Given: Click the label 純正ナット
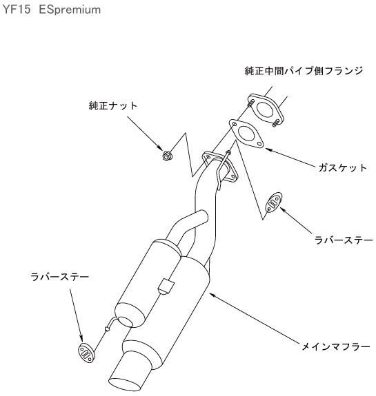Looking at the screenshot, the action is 113,105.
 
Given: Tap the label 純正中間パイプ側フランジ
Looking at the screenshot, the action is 304,71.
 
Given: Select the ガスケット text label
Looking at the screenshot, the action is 342,167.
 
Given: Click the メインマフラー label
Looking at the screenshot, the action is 336,346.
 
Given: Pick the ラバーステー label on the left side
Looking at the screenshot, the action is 60,277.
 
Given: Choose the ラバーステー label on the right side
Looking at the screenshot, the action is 344,240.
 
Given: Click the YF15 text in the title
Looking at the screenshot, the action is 17,10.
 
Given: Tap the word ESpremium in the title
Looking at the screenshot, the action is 70,10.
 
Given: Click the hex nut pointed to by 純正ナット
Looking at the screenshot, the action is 166,156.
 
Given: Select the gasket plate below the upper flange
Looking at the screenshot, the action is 246,134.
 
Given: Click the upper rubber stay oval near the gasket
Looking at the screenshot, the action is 273,202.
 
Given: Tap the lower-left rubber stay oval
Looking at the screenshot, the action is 86,353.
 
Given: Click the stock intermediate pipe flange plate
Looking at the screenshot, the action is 266,110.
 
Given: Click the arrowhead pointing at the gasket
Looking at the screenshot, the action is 268,150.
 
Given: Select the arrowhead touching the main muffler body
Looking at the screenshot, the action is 212,295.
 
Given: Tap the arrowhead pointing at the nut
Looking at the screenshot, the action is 159,147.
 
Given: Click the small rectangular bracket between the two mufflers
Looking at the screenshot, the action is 166,286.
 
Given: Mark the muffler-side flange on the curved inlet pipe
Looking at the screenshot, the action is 220,167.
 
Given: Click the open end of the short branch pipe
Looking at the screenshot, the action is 204,216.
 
